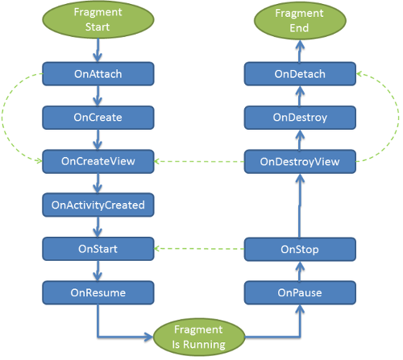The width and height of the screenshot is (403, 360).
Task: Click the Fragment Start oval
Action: coord(98,19)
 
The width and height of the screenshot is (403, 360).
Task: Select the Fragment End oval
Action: coord(300,21)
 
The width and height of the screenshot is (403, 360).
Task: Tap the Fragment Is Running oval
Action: coord(199,337)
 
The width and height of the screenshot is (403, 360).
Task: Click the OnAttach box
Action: coord(98,74)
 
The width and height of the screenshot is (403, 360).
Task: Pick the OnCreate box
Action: coord(98,118)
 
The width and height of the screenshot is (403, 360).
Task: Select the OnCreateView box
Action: coord(98,161)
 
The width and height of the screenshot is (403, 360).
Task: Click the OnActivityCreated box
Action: coord(98,205)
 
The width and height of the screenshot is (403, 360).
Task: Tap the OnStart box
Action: coord(98,249)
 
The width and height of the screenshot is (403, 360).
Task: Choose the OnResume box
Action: coord(98,292)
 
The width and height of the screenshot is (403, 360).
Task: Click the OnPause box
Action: coord(300,292)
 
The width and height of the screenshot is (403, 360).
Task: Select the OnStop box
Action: coord(300,249)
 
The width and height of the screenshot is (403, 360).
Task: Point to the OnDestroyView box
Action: coord(300,162)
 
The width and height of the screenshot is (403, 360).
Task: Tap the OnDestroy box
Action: coord(300,118)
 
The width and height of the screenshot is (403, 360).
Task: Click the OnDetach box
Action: coord(300,74)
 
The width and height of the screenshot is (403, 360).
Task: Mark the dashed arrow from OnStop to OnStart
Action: coord(199,249)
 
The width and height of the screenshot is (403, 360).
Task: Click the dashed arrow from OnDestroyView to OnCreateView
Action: coord(199,161)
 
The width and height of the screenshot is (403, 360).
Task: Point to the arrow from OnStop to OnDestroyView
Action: coord(300,205)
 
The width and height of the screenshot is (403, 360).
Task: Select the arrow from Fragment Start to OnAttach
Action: coord(98,50)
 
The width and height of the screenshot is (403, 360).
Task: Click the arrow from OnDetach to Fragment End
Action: coord(300,51)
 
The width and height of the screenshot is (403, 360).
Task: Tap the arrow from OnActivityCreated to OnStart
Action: coord(98,227)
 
